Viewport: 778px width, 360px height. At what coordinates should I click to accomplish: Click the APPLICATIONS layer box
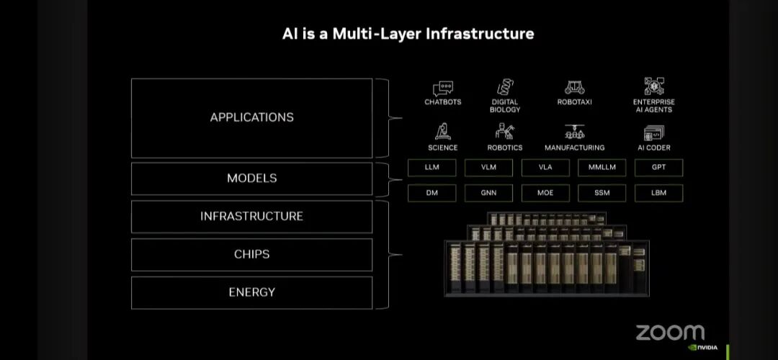[x=251, y=117]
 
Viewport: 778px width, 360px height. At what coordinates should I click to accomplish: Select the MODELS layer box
[x=251, y=179]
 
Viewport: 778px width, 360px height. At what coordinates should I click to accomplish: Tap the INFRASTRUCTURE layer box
[x=251, y=216]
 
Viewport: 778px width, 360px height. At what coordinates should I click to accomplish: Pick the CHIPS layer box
[x=251, y=254]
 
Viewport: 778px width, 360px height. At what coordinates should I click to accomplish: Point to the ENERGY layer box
[x=251, y=292]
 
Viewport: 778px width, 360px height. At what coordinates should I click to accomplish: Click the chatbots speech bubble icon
[x=443, y=89]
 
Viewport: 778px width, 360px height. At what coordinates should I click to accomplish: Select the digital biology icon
[x=505, y=88]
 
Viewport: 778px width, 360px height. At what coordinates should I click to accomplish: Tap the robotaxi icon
[x=574, y=88]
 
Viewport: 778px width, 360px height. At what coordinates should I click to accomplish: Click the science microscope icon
[x=442, y=132]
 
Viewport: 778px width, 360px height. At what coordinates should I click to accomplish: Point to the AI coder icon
[x=653, y=132]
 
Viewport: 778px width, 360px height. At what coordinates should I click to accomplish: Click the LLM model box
[x=432, y=168]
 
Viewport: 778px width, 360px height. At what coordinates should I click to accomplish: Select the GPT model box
[x=658, y=168]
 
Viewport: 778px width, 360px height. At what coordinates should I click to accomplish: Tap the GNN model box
[x=488, y=193]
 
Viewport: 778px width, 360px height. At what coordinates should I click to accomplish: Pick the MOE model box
[x=545, y=193]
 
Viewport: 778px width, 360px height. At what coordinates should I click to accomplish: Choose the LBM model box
[x=658, y=193]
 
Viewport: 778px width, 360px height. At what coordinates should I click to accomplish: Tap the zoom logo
[x=669, y=332]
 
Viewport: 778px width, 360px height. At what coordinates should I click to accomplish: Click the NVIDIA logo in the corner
[x=702, y=348]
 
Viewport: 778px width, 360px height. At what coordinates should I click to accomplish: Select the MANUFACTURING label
[x=574, y=148]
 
